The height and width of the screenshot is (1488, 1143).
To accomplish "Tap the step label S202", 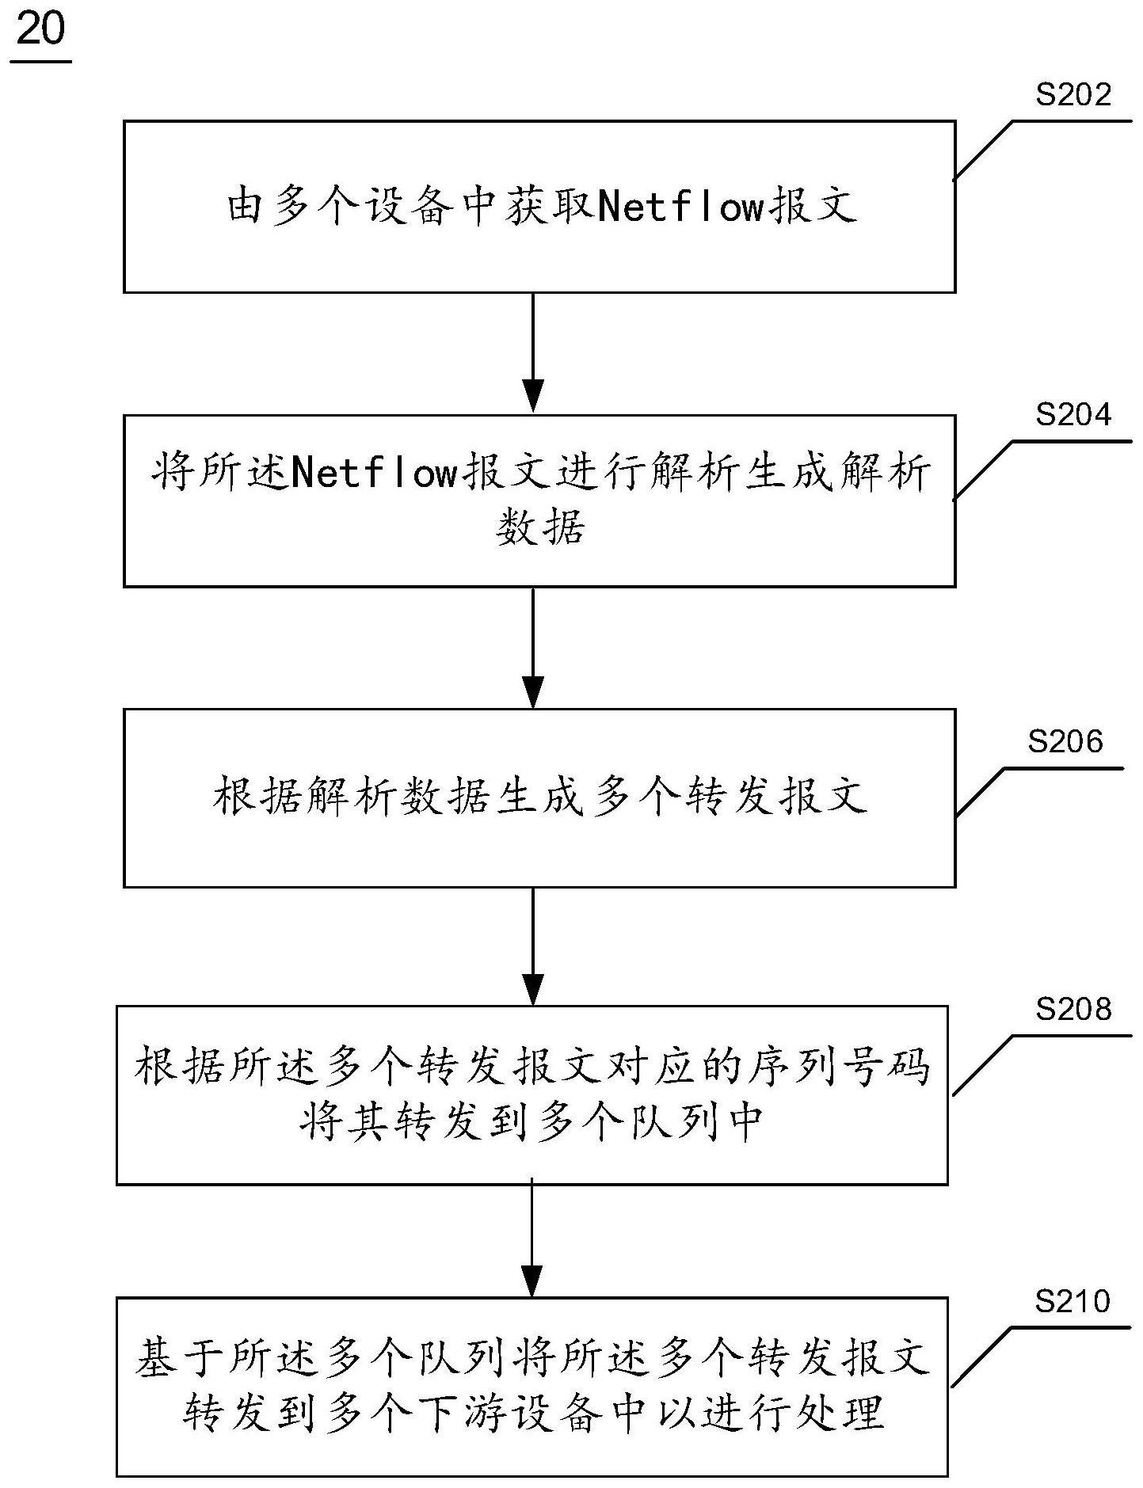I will click(x=1073, y=95).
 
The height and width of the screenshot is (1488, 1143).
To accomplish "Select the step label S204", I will click(x=1073, y=414).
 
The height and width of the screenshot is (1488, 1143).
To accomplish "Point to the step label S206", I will click(x=1065, y=741).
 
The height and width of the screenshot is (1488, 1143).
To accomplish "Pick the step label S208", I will click(x=1073, y=1009).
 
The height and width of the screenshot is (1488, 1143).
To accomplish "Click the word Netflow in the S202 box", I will click(x=680, y=208).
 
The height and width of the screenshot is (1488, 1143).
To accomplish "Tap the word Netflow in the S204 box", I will click(x=375, y=474).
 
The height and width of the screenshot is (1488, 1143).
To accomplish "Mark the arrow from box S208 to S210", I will click(x=533, y=1239).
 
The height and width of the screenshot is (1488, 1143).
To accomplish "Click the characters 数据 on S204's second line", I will click(x=540, y=527).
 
